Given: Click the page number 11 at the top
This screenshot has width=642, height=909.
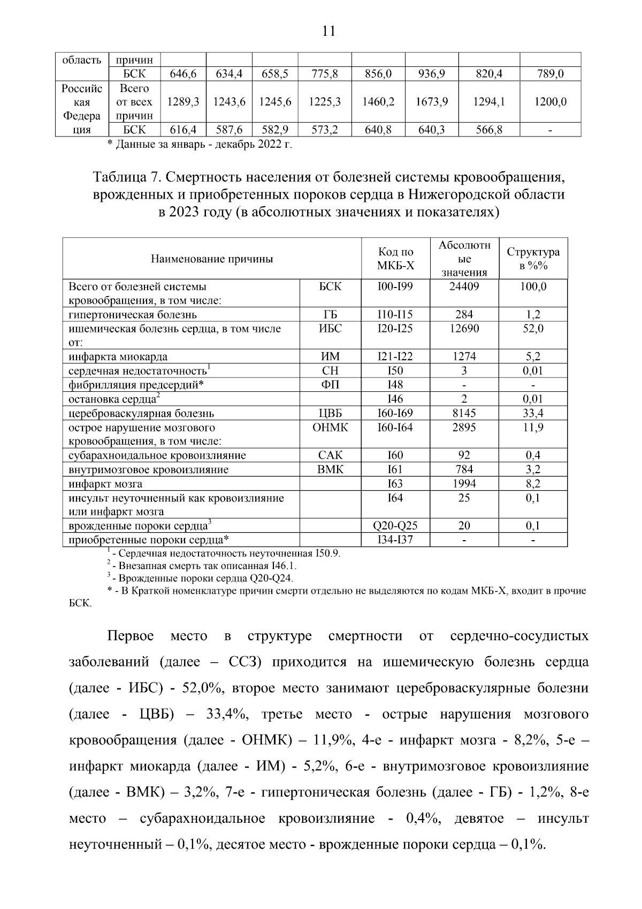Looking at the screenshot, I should pos(328,31).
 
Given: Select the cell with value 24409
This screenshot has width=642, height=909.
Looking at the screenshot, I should pos(464,286).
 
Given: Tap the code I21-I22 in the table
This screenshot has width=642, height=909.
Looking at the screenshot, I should pos(395,357).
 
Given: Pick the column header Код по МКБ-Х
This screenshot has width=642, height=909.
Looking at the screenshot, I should pos(395,259).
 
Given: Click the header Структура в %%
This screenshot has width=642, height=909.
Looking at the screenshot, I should pos(533,259).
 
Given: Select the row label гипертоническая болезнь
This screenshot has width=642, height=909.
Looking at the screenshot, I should pos(133,315).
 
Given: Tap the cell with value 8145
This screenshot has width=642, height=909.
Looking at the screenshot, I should pos(464,413).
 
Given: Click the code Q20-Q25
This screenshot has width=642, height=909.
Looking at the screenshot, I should pos(395,526).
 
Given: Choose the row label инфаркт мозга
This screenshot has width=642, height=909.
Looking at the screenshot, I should pos(105,484).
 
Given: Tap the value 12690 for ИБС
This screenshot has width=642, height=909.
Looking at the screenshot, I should pos(464,329).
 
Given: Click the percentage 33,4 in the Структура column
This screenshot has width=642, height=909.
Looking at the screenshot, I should pos(533,413).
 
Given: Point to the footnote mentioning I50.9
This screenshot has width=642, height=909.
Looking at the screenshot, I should pos(225,554).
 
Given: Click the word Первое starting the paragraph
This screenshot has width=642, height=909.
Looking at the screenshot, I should pos(131,636).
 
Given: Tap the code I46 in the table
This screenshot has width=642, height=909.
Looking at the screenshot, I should pos(395,399).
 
